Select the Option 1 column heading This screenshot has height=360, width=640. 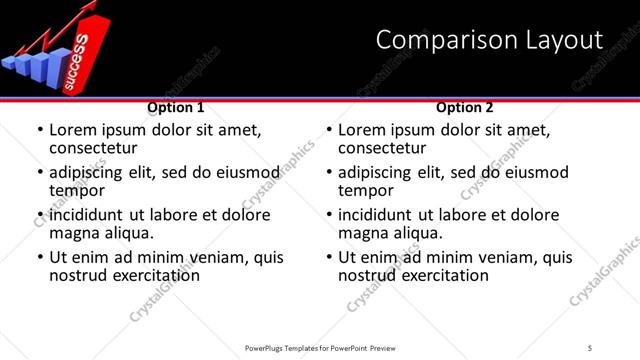pyautogui.click(x=175, y=107)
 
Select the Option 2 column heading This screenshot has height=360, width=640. pyautogui.click(x=465, y=107)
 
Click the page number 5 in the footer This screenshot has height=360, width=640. pyautogui.click(x=590, y=347)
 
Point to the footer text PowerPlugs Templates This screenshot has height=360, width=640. pyautogui.click(x=290, y=347)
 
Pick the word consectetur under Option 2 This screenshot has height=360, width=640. pyautogui.click(x=382, y=148)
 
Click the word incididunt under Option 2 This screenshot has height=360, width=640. pyautogui.click(x=379, y=215)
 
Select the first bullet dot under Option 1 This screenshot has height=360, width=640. pyautogui.click(x=40, y=131)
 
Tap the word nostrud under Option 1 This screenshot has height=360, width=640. pyautogui.click(x=79, y=275)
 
